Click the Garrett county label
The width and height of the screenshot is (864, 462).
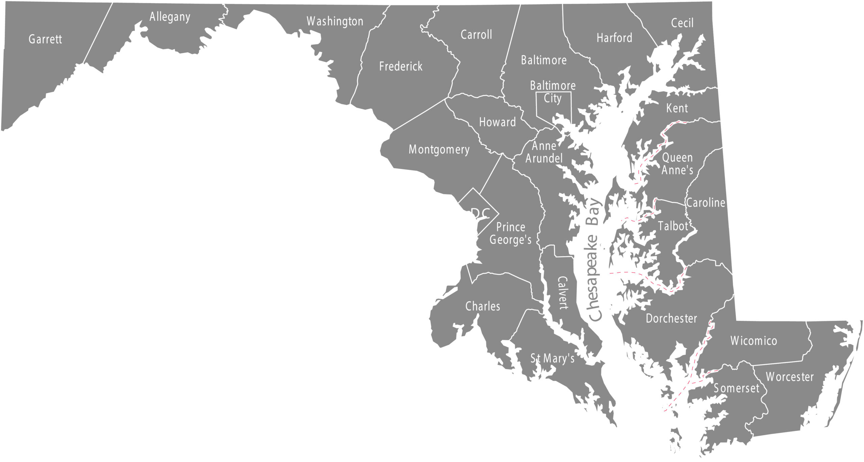[45, 39]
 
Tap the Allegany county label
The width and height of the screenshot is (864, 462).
[170, 17]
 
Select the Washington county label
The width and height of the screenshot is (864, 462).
[335, 21]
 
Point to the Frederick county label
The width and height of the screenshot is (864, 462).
[401, 66]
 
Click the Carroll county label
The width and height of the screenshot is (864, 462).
[476, 34]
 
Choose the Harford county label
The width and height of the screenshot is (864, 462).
[614, 38]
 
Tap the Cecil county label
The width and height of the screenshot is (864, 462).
[682, 23]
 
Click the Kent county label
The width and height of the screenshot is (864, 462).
[677, 108]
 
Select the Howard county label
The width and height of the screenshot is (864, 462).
[497, 122]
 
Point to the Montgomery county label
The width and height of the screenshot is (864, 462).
[439, 150]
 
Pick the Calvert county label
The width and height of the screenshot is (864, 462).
[562, 293]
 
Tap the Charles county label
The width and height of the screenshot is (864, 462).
[483, 306]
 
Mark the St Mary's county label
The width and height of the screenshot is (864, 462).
[552, 358]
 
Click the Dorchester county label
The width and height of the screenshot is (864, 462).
[671, 318]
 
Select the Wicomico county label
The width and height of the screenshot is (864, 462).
[754, 341]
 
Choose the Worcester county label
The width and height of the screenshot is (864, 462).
[790, 377]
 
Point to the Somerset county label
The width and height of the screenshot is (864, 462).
[736, 388]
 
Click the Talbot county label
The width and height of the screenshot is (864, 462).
[673, 226]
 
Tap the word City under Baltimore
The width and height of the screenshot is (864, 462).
[552, 99]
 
